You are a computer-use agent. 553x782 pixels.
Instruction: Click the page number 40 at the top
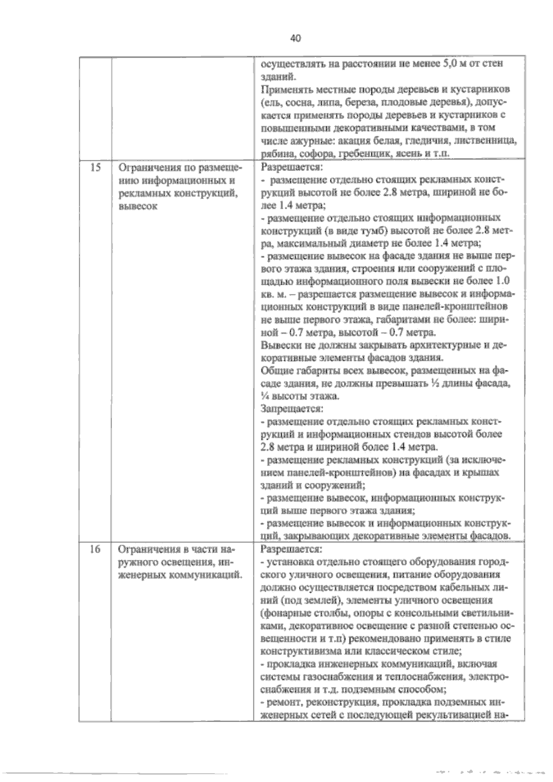(x=295, y=39)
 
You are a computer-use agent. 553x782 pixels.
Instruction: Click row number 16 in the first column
(x=95, y=549)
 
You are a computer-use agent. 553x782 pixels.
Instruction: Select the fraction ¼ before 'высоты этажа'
(x=265, y=396)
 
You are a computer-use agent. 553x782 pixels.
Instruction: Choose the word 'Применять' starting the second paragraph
(x=284, y=89)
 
